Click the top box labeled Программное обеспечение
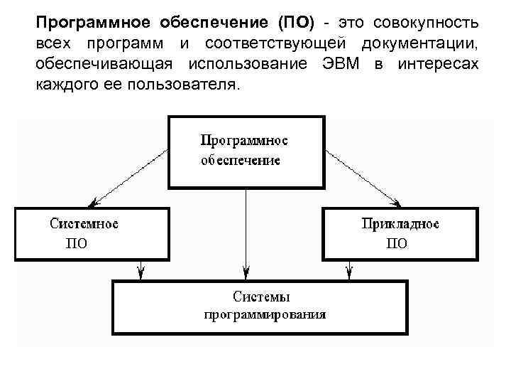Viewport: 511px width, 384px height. click(x=246, y=150)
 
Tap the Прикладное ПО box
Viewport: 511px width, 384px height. click(x=400, y=233)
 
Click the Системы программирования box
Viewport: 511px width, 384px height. click(x=260, y=307)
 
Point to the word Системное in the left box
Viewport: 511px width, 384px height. click(x=84, y=224)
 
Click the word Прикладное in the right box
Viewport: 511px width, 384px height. click(x=400, y=224)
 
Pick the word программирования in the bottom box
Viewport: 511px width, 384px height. click(x=265, y=314)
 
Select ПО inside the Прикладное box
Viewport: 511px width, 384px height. click(x=397, y=243)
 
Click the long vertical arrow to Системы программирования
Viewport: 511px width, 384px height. click(x=246, y=235)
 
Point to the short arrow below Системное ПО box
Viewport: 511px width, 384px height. click(x=143, y=270)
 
